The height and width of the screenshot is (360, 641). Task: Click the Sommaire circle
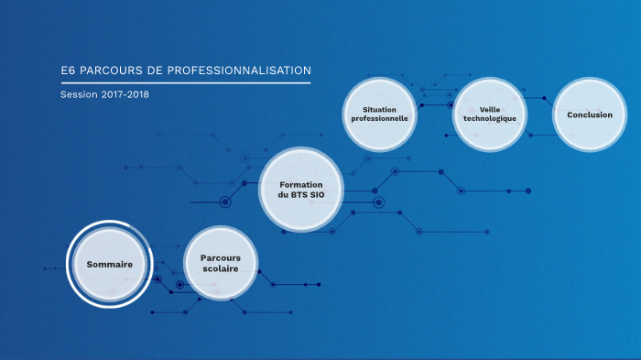point(110,264)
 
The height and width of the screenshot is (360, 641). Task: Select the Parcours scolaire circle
point(220,264)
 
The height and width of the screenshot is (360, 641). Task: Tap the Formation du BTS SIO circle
point(301,190)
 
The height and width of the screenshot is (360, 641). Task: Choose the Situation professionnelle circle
point(379,115)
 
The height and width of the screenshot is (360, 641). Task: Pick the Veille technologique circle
point(490,115)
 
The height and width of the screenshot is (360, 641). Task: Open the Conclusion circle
point(590,115)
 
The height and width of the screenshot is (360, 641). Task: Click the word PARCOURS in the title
point(109,70)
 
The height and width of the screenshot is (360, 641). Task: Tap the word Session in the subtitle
point(77,94)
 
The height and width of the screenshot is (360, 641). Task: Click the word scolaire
point(220,270)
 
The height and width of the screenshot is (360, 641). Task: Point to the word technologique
point(490,120)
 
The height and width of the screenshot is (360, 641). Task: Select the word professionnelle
point(379,120)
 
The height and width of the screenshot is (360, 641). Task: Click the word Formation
point(301,184)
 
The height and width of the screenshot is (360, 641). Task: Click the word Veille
point(490,109)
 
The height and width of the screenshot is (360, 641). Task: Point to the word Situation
point(379,109)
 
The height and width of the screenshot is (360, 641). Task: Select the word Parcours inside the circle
point(220,257)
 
